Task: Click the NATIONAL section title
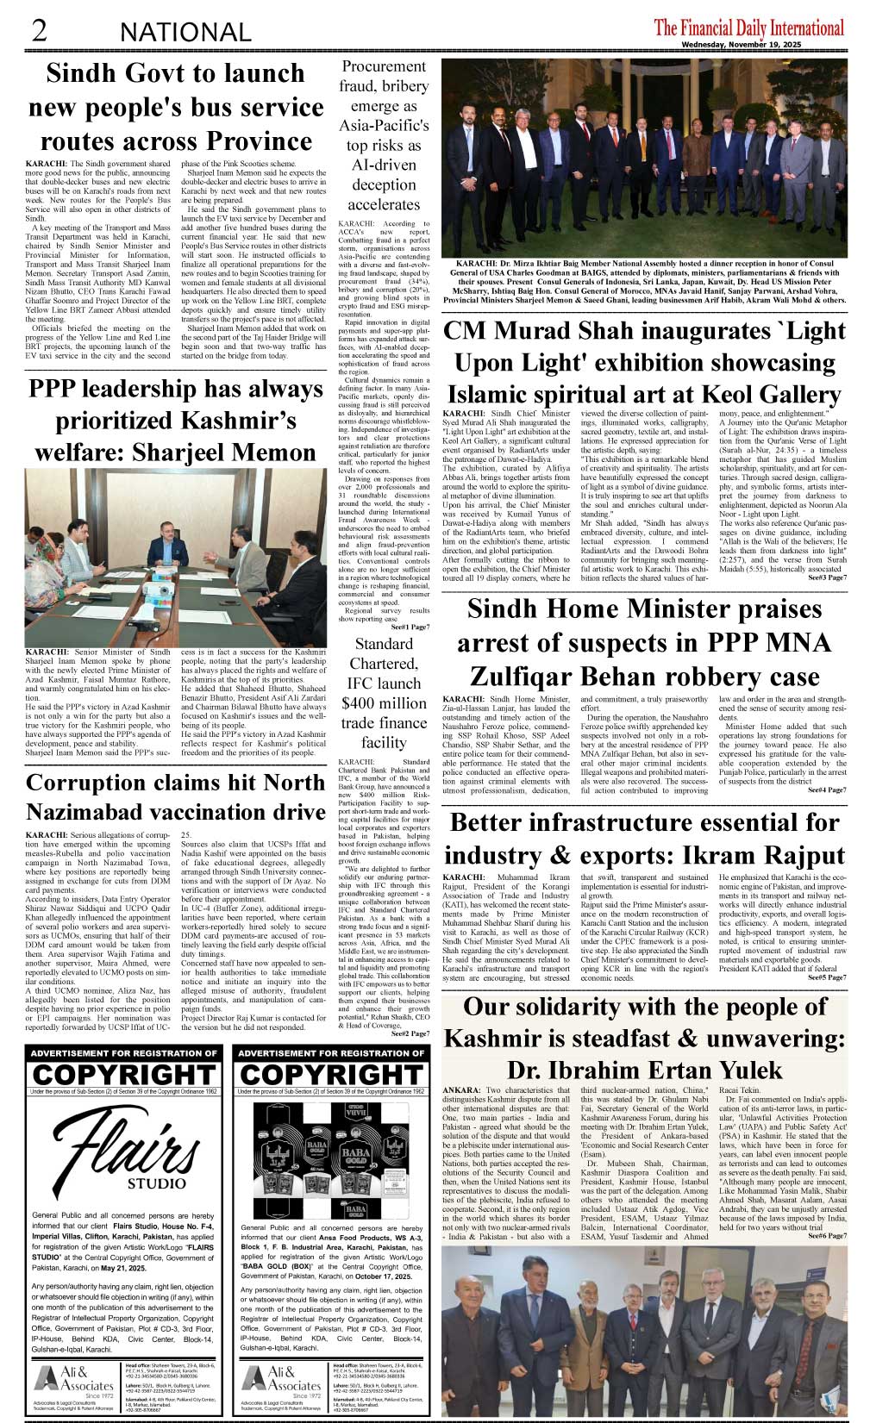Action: [185, 33]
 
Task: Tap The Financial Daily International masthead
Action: [748, 28]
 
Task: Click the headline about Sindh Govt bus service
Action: [176, 107]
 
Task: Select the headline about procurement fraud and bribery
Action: [384, 135]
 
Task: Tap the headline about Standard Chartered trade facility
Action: [384, 693]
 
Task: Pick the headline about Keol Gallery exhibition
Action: [644, 362]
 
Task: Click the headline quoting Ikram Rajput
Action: [644, 838]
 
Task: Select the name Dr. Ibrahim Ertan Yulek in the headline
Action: [644, 1070]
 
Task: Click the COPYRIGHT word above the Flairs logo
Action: [122, 1075]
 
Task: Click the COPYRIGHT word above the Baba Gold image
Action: [332, 1075]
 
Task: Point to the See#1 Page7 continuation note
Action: [410, 627]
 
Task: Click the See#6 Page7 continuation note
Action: [826, 1236]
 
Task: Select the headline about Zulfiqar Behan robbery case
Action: [644, 643]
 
